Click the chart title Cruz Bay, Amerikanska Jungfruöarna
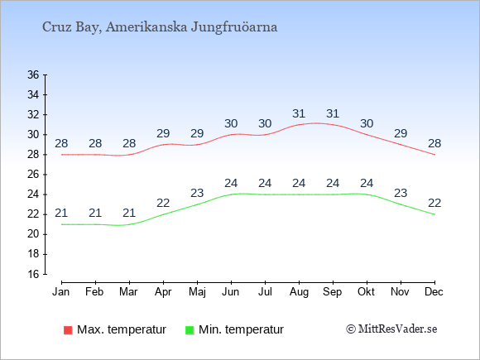click(160, 27)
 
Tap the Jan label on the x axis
click(61, 292)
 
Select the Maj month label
click(197, 292)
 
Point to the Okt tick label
click(366, 292)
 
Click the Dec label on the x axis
click(434, 292)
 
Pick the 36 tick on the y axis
click(33, 74)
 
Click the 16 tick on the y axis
click(33, 274)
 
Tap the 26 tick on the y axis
click(33, 175)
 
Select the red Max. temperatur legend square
click(68, 330)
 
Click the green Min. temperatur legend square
click(190, 330)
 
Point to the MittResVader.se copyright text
click(391, 329)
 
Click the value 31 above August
click(299, 114)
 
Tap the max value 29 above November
click(401, 133)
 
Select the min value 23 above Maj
click(197, 193)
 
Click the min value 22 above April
click(163, 203)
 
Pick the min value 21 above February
click(95, 213)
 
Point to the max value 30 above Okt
click(367, 123)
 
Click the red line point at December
click(434, 155)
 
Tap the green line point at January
click(61, 224)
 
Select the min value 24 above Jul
click(265, 184)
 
